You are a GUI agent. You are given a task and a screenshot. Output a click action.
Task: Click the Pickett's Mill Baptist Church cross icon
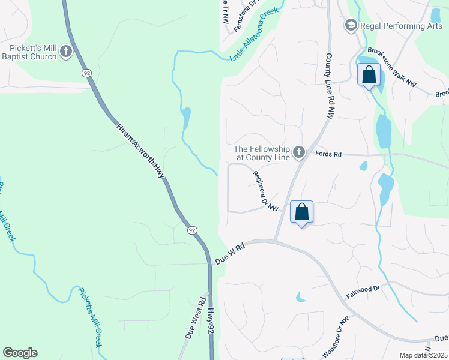66,52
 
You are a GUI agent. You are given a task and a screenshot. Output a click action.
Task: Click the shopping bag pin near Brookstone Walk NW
369,76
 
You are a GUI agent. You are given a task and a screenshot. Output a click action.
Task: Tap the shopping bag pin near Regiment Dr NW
301,212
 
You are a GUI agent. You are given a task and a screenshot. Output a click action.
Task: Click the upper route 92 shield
87,73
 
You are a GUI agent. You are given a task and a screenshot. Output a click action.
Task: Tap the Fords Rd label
328,154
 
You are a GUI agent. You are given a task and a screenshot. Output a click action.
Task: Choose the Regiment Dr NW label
267,191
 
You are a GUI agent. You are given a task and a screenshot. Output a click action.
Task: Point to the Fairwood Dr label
363,293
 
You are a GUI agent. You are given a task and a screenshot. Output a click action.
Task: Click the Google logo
20,353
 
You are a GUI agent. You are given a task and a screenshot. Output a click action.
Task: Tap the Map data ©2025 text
424,355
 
